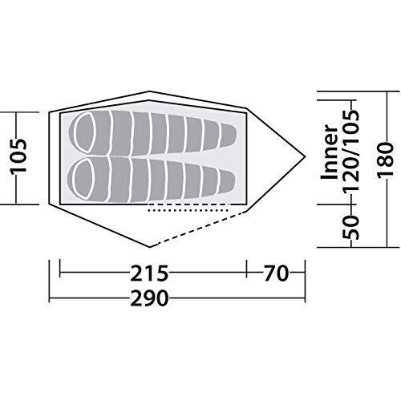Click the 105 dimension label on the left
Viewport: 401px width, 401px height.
[18, 157]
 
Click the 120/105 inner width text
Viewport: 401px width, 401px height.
[350, 149]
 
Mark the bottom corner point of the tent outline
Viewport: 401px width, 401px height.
[150, 245]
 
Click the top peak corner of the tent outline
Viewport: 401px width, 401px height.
[150, 92]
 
